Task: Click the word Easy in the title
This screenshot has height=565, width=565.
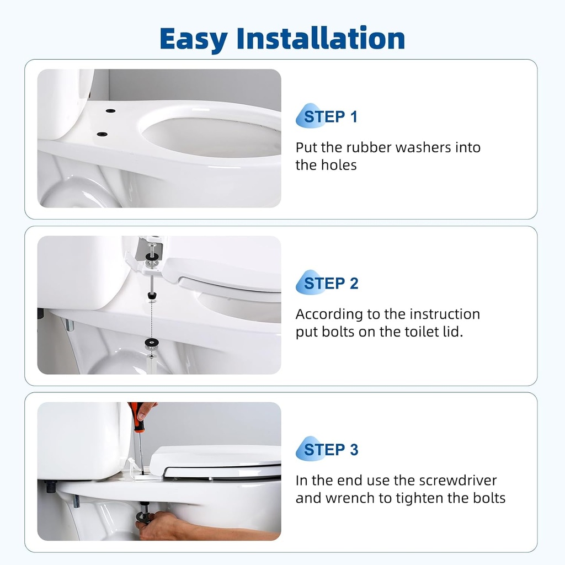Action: point(193,39)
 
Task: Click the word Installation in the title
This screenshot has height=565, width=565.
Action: point(321,39)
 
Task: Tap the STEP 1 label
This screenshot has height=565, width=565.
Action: point(331,117)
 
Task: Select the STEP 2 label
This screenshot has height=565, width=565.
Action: point(331,284)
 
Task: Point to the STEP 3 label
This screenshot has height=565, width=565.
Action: point(331,450)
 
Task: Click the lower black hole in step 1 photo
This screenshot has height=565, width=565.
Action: point(101,134)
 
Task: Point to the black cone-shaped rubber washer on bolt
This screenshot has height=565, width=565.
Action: point(150,297)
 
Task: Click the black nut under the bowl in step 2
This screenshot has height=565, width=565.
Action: point(150,344)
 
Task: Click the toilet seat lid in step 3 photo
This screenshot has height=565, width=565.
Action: point(215,456)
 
